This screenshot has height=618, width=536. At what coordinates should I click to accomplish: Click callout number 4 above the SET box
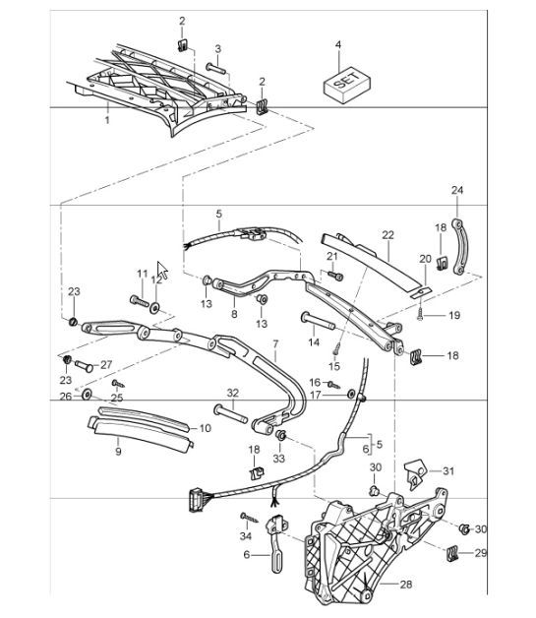click(338, 45)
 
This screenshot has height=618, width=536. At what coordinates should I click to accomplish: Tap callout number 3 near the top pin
click(217, 48)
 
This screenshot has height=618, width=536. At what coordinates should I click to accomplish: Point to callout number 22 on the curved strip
click(387, 235)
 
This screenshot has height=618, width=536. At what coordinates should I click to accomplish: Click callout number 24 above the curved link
click(456, 189)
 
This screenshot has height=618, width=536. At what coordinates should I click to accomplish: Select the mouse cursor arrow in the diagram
click(162, 270)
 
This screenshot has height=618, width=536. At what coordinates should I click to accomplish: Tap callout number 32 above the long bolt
click(232, 393)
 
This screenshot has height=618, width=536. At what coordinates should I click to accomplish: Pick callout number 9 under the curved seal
click(118, 453)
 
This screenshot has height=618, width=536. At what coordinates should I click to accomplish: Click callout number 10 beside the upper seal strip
click(205, 428)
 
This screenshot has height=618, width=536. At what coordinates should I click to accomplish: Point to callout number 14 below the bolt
click(314, 342)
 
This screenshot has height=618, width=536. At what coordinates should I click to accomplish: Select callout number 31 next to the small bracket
click(448, 470)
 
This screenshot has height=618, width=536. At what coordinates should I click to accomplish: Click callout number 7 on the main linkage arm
click(275, 345)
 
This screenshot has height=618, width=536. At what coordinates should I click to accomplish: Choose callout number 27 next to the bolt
click(106, 364)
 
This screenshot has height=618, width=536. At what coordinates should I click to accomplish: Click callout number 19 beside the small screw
click(454, 316)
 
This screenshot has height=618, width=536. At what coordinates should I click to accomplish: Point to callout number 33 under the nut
click(278, 458)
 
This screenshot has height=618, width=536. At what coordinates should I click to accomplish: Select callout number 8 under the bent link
click(234, 314)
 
